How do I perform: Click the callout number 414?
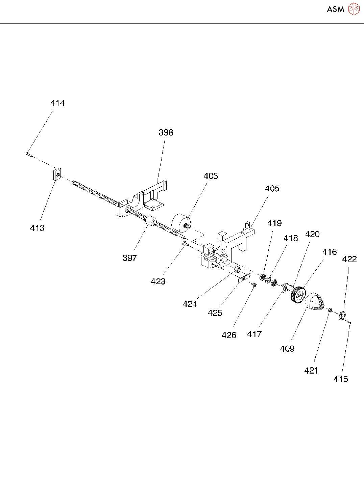57,103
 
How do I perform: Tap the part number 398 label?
166,133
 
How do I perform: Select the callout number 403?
211,176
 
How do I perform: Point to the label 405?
272,189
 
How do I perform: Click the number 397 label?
129,258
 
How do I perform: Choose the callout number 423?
158,281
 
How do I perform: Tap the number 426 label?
229,335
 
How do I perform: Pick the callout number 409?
287,349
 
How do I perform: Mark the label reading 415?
341,379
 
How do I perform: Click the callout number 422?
349,259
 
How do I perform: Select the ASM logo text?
335,9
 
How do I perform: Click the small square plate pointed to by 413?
57,174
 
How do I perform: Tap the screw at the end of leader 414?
27,154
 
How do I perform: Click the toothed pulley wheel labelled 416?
298,295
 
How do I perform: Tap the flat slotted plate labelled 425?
244,278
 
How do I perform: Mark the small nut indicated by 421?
331,309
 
